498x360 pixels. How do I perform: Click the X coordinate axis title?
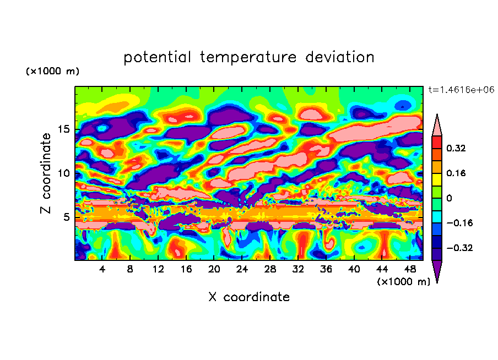[x=249, y=297]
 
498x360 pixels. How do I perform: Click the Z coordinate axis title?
[x=47, y=173]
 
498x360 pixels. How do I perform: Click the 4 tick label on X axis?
[x=102, y=269]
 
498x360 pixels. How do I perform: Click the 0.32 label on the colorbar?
[x=457, y=148]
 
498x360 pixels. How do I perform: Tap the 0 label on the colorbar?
[x=450, y=198]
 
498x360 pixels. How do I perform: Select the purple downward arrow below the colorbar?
[x=437, y=271]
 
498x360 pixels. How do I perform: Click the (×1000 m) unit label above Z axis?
[x=52, y=72]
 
